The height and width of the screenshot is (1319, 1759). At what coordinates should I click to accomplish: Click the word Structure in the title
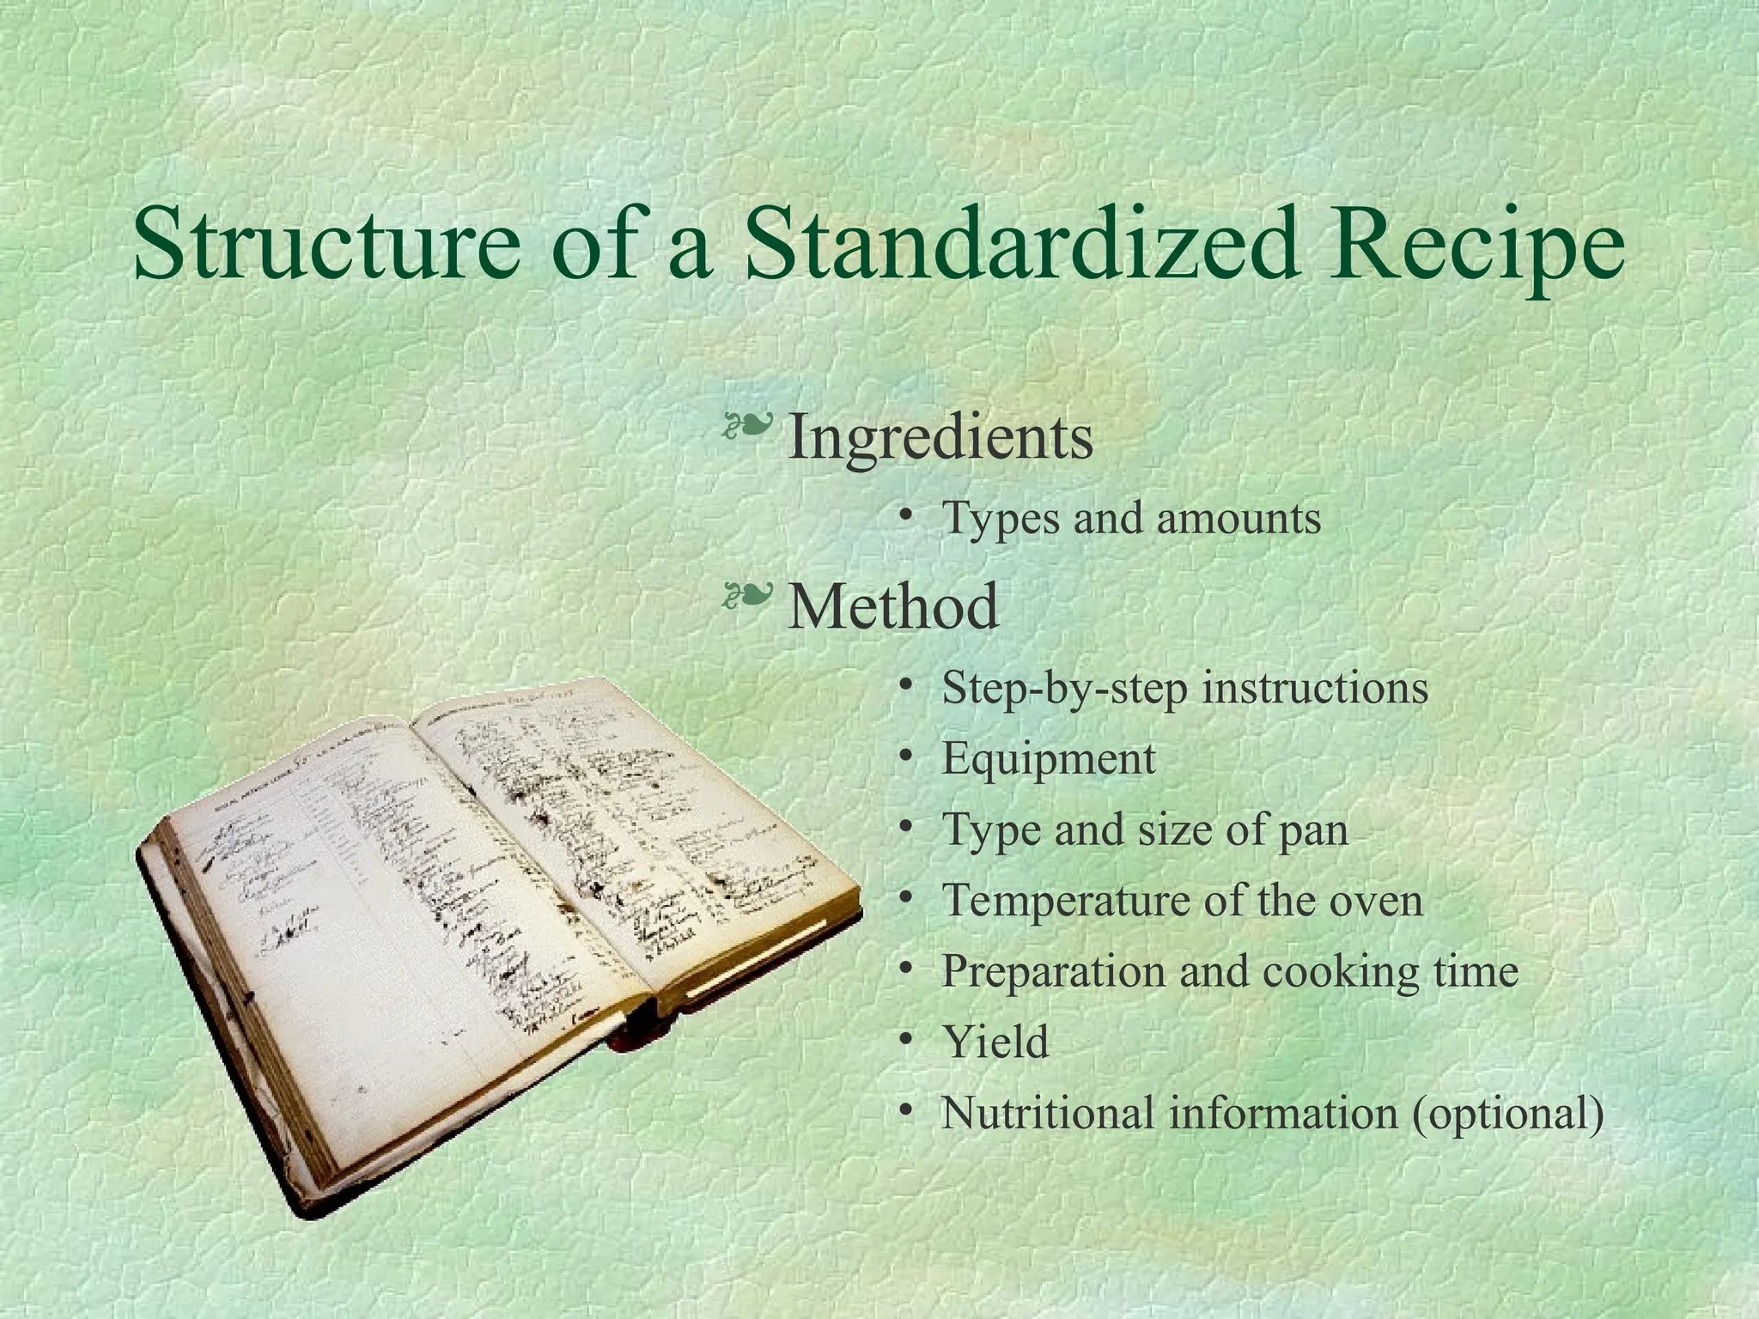click(326, 246)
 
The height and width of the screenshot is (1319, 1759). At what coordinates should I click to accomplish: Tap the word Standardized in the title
click(1021, 246)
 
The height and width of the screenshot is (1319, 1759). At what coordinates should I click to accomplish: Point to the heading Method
click(893, 606)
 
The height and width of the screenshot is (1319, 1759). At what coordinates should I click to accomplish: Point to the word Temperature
click(1064, 901)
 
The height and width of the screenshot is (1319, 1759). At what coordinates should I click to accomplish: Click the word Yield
click(995, 1042)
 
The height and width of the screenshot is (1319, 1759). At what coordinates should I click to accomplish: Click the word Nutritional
click(1048, 1114)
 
